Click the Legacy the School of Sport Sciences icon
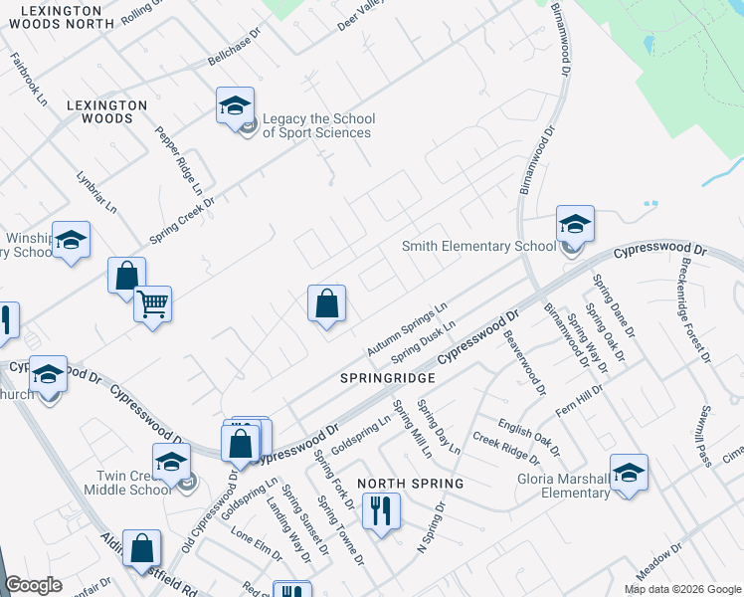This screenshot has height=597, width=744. click(x=235, y=105)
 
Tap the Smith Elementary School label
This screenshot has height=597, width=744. click(x=478, y=246)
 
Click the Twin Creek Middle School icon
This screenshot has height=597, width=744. click(x=171, y=461)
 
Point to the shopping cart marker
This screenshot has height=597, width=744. click(x=152, y=304)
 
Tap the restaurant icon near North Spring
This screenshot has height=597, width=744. click(x=380, y=511)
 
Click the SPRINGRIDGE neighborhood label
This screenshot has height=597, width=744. click(x=388, y=379)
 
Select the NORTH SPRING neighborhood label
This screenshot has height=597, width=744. click(x=411, y=484)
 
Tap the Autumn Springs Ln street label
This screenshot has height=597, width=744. click(x=407, y=330)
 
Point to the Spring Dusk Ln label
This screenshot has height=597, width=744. click(x=423, y=340)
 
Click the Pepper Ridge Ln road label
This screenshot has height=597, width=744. click(x=179, y=160)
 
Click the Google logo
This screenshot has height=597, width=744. click(x=33, y=585)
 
